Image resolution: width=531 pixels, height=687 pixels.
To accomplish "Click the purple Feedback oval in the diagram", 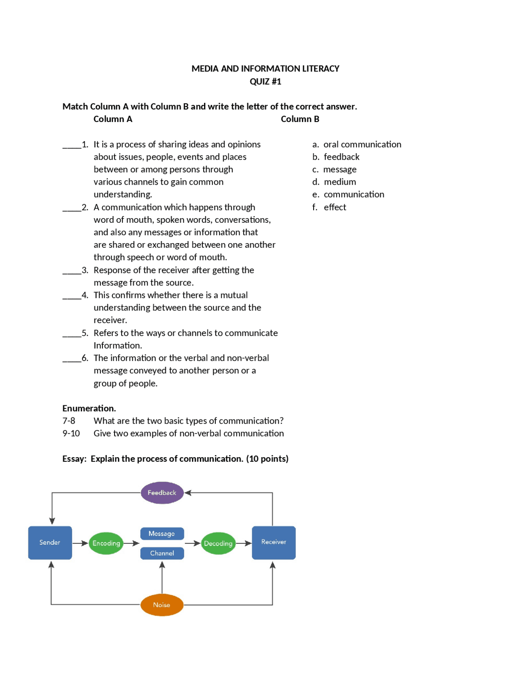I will tap(162, 492).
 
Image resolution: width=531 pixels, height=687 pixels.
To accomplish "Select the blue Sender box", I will tap(50, 542).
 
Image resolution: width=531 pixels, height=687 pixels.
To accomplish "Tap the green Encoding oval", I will tap(106, 543).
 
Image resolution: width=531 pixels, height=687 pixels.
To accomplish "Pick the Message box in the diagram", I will tap(162, 534).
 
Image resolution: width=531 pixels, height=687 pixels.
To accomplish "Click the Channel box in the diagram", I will tap(162, 553).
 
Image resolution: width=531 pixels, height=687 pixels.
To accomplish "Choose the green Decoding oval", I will tap(218, 543).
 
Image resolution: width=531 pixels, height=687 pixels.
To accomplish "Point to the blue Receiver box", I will tap(273, 542).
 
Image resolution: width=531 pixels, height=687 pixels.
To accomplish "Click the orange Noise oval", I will tap(162, 605).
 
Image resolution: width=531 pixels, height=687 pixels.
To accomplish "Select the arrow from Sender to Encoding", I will tap(80, 543).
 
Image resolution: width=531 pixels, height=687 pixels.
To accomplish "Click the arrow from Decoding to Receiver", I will tap(244, 543).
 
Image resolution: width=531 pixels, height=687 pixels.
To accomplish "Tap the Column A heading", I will tap(113, 119).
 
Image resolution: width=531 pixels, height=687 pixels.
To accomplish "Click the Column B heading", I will tap(300, 119).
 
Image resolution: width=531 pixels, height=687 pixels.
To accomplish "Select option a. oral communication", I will tap(357, 144).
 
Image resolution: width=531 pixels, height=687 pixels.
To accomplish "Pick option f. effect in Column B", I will tap(329, 207).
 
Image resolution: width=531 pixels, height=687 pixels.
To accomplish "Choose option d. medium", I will tap(334, 182).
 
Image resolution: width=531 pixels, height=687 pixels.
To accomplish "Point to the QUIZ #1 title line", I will tap(265, 81).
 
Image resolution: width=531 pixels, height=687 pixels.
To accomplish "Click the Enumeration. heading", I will tap(89, 408).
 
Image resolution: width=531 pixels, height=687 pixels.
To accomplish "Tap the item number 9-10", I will tap(71, 433).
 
